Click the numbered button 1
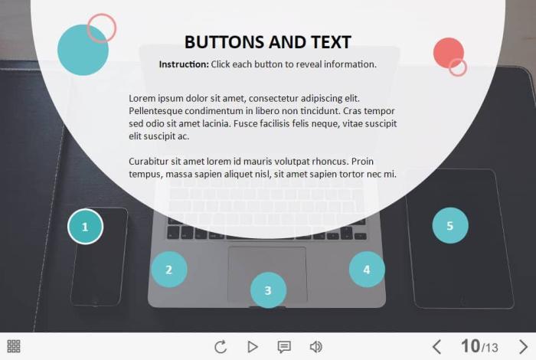point(85,226)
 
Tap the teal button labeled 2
point(169,270)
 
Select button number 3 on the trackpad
point(268,290)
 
